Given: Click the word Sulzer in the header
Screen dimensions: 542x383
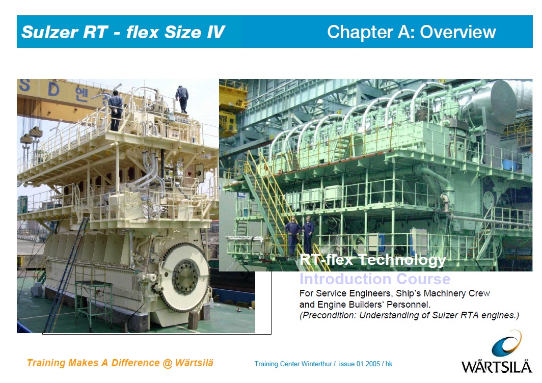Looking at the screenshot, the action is (x=50, y=32).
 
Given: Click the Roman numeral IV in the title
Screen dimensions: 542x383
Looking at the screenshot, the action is (x=216, y=32).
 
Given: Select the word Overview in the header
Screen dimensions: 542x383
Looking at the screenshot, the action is (x=458, y=32).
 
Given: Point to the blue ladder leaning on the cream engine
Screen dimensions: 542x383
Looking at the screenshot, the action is (x=66, y=275).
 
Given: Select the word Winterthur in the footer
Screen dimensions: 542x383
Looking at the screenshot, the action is (x=317, y=364).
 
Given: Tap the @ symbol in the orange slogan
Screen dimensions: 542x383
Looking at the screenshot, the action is (x=167, y=363).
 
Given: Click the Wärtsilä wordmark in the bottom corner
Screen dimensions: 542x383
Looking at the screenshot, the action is (x=496, y=367).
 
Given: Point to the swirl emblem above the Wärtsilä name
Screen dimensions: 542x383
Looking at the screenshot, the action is (x=506, y=343).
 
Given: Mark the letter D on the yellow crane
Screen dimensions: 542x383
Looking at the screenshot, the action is (x=53, y=90).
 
